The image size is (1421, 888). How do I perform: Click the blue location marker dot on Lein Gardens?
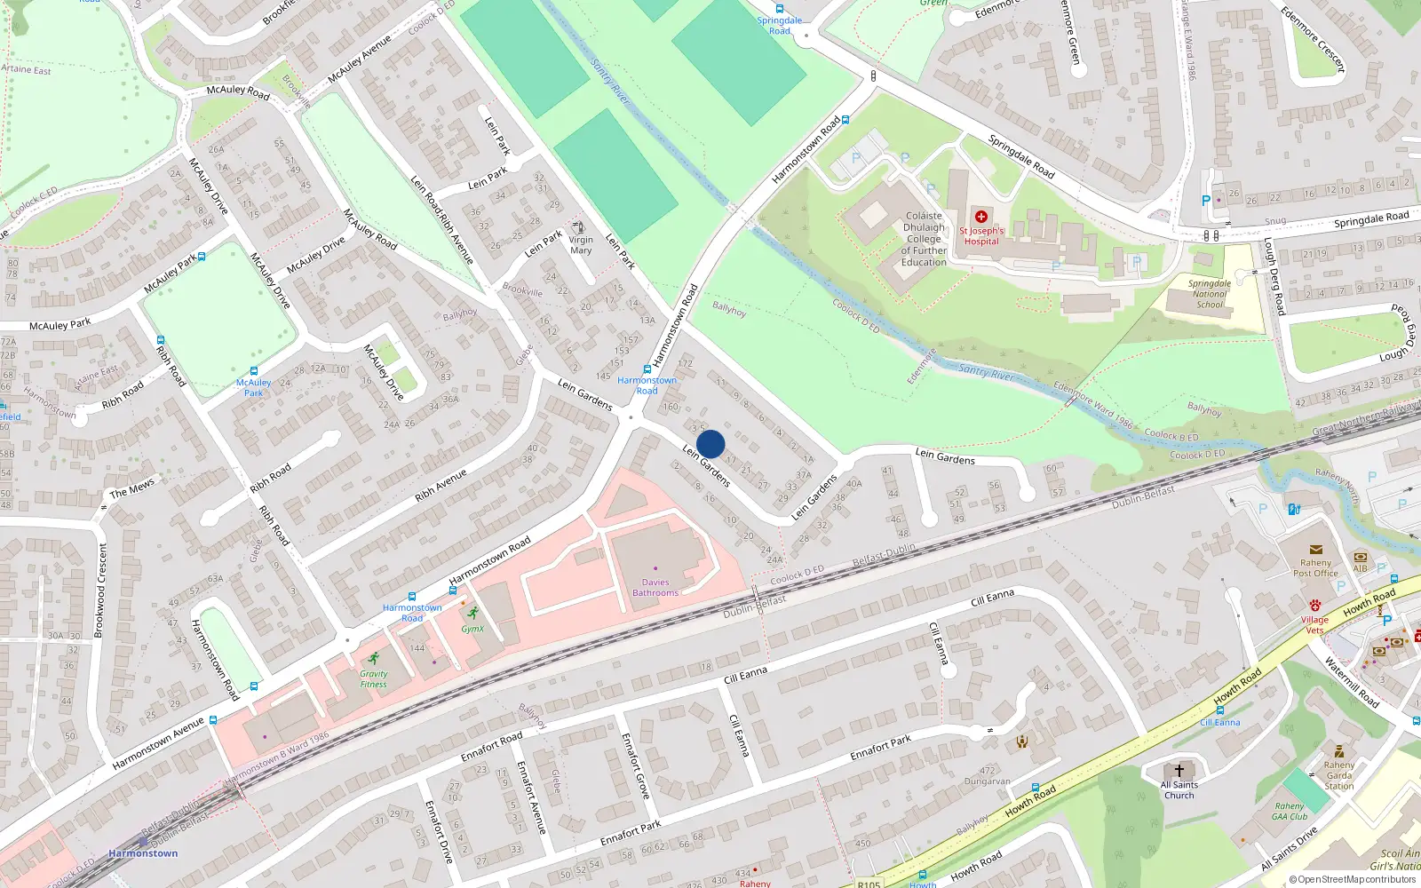710,444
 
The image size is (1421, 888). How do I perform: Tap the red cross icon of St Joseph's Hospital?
981,217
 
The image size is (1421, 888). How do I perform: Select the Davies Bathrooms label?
655,588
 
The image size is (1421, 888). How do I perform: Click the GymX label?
472,629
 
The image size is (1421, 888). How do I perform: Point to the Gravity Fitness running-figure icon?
374,659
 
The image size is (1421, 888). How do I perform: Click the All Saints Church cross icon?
1179,771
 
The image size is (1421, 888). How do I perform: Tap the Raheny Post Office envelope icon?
1316,550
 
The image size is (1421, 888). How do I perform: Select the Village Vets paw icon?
1314,606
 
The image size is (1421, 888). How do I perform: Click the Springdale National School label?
1210,294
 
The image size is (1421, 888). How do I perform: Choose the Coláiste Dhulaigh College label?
924,239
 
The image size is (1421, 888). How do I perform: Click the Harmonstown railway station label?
143,853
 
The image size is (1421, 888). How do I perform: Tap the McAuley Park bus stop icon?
253,371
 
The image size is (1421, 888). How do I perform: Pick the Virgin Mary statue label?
581,245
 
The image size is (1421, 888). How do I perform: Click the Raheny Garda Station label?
1339,775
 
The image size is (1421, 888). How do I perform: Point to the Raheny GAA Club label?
1290,812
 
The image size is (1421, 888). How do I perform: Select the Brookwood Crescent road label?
99,591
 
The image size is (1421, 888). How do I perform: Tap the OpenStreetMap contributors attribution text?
1353,880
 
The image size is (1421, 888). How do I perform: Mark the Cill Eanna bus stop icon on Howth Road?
1220,710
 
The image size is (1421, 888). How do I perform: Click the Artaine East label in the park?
27,69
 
